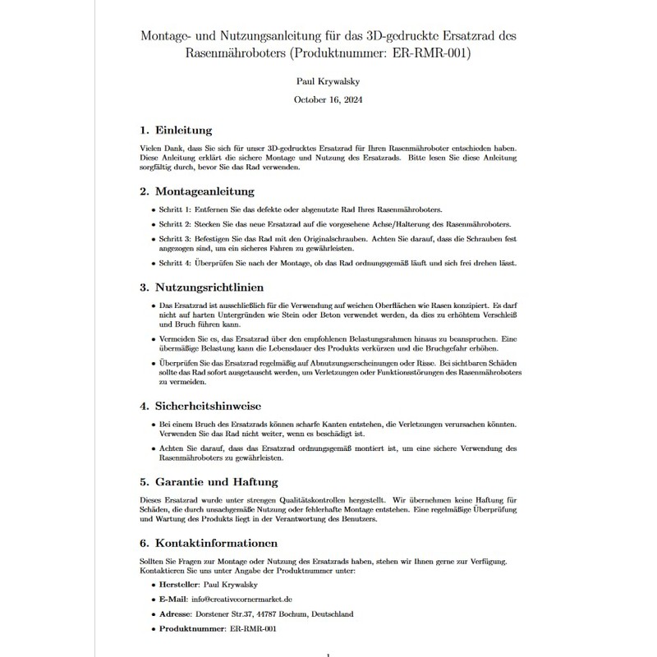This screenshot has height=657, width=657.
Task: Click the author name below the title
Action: [x=328, y=82]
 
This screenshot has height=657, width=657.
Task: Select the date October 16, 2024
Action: [x=328, y=99]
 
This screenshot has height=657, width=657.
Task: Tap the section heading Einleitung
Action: [x=185, y=130]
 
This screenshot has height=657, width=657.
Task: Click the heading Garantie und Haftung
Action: [x=218, y=481]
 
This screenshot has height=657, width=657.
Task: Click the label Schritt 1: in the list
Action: [x=177, y=210]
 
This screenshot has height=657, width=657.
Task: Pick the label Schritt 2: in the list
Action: [x=177, y=224]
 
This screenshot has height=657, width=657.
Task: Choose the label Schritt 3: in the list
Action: [x=177, y=238]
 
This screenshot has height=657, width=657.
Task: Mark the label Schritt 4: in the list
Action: [x=177, y=263]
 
